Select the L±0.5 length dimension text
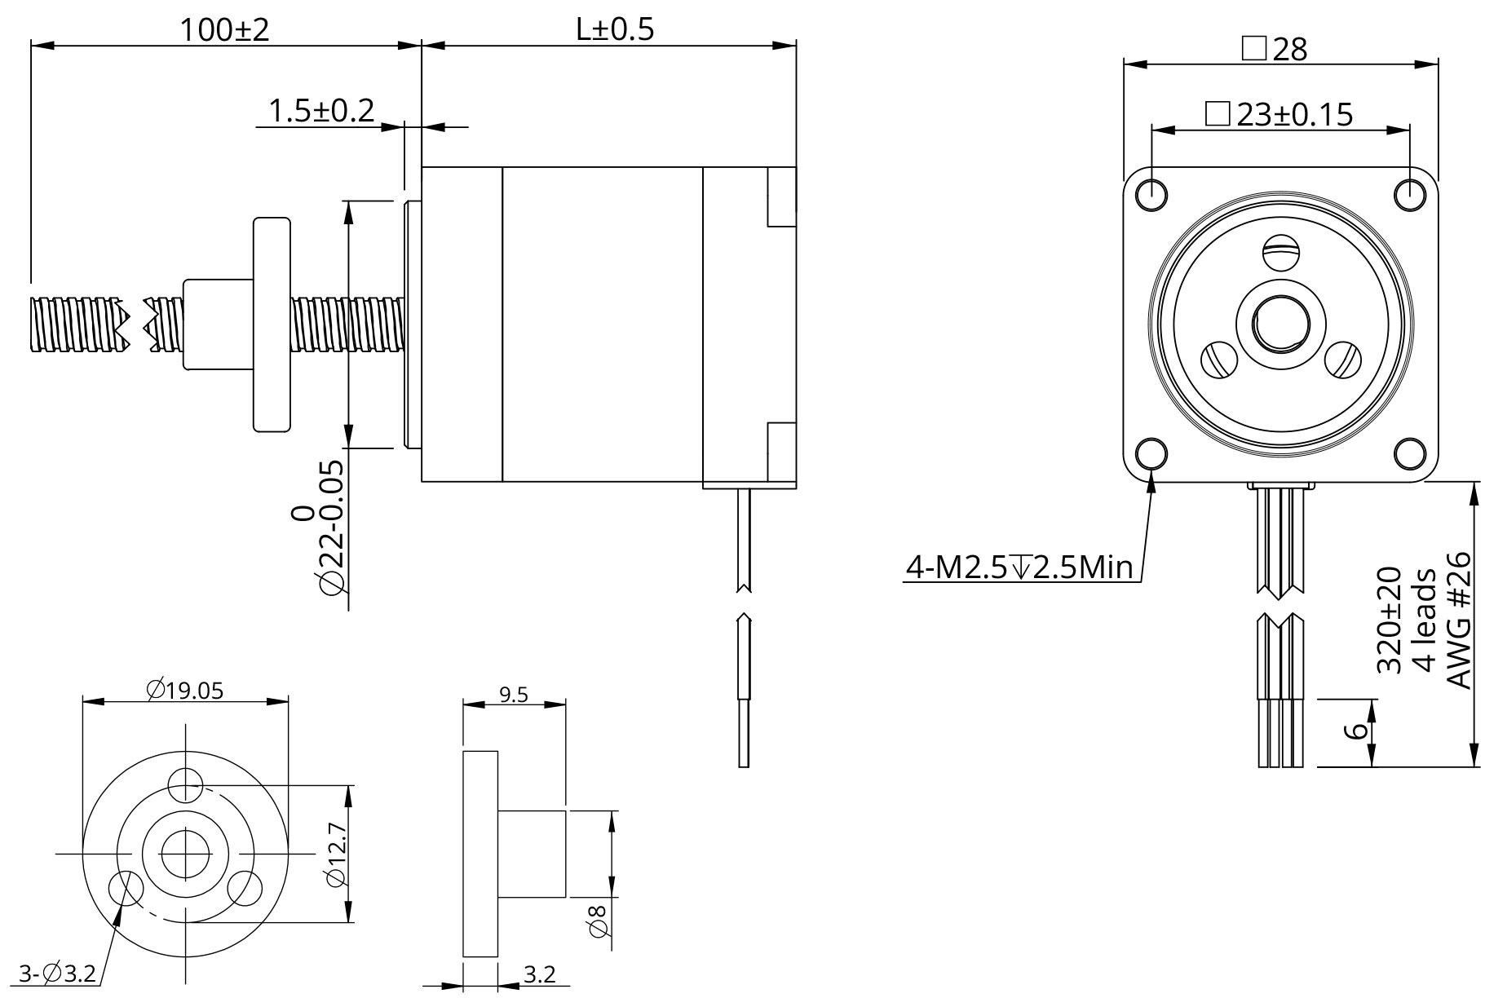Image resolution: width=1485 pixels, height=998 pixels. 614,30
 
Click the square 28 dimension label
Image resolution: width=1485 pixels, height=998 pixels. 1275,49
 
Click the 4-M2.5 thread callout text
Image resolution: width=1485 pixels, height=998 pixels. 1019,567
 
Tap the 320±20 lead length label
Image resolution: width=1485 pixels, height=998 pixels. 1388,620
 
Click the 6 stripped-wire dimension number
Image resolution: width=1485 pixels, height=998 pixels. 1355,731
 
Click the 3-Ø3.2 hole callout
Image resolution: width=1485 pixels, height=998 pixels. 57,973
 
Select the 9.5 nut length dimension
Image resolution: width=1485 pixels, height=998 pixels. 513,694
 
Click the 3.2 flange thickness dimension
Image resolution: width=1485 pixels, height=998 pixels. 539,974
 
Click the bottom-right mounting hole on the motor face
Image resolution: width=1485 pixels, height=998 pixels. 1409,453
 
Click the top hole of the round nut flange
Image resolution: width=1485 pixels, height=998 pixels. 185,785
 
